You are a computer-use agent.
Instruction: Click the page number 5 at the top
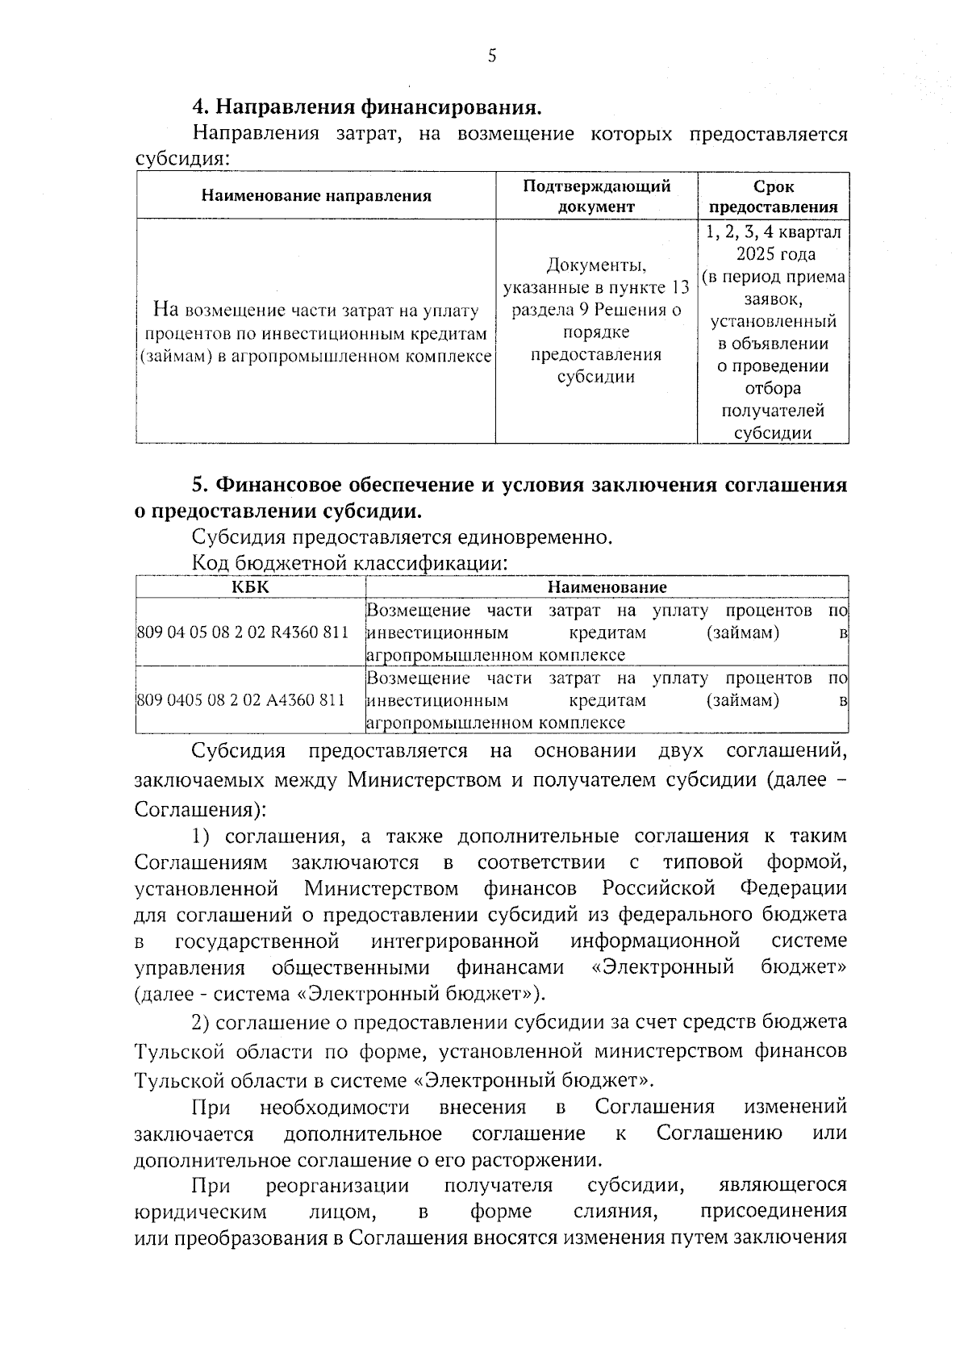492,56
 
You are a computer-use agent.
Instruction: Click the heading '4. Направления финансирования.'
365,106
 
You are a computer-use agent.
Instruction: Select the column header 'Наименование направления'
315,195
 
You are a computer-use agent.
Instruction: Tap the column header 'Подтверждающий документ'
596,196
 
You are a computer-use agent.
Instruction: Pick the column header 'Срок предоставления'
773,196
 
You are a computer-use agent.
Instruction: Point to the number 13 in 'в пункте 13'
678,288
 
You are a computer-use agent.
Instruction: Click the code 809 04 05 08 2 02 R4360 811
243,632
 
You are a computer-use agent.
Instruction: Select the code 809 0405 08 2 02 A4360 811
241,700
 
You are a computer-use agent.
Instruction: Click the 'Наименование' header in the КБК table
607,587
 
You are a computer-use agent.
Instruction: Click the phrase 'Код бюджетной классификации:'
349,563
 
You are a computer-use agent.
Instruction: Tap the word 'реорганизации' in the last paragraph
337,1186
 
